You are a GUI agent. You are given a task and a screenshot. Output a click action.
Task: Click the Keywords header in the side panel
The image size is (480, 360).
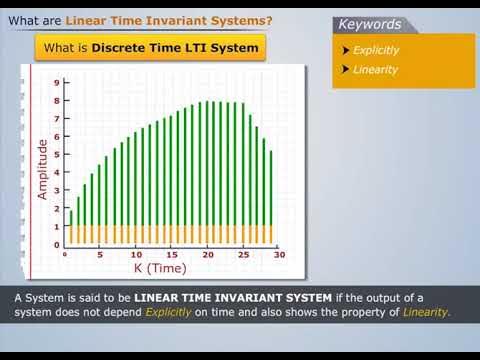370,24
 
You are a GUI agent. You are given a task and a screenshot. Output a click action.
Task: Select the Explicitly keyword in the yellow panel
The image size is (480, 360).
376,50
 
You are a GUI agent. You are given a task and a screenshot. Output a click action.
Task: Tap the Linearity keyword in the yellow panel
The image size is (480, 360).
376,70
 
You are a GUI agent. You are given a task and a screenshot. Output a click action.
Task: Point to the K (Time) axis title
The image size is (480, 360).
165,268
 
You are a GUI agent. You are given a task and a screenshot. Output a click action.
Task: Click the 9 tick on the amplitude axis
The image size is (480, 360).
56,83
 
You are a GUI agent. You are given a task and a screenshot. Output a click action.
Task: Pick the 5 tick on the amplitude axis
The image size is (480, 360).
56,155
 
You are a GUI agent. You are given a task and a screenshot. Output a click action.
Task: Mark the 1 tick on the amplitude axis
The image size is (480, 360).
56,226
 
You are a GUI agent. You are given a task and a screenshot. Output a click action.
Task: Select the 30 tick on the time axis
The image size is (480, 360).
279,255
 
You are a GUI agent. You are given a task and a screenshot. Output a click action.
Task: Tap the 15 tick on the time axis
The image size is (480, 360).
172,255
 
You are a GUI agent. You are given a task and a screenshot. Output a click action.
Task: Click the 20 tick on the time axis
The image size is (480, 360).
208,255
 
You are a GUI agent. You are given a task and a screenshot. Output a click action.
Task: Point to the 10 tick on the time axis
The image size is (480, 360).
136,255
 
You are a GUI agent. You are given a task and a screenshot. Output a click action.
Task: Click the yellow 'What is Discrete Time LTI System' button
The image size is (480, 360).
150,48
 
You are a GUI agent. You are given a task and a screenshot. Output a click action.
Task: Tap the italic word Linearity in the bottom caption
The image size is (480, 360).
426,312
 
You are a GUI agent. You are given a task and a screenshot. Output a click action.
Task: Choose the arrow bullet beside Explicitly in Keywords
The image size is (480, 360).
345,50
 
